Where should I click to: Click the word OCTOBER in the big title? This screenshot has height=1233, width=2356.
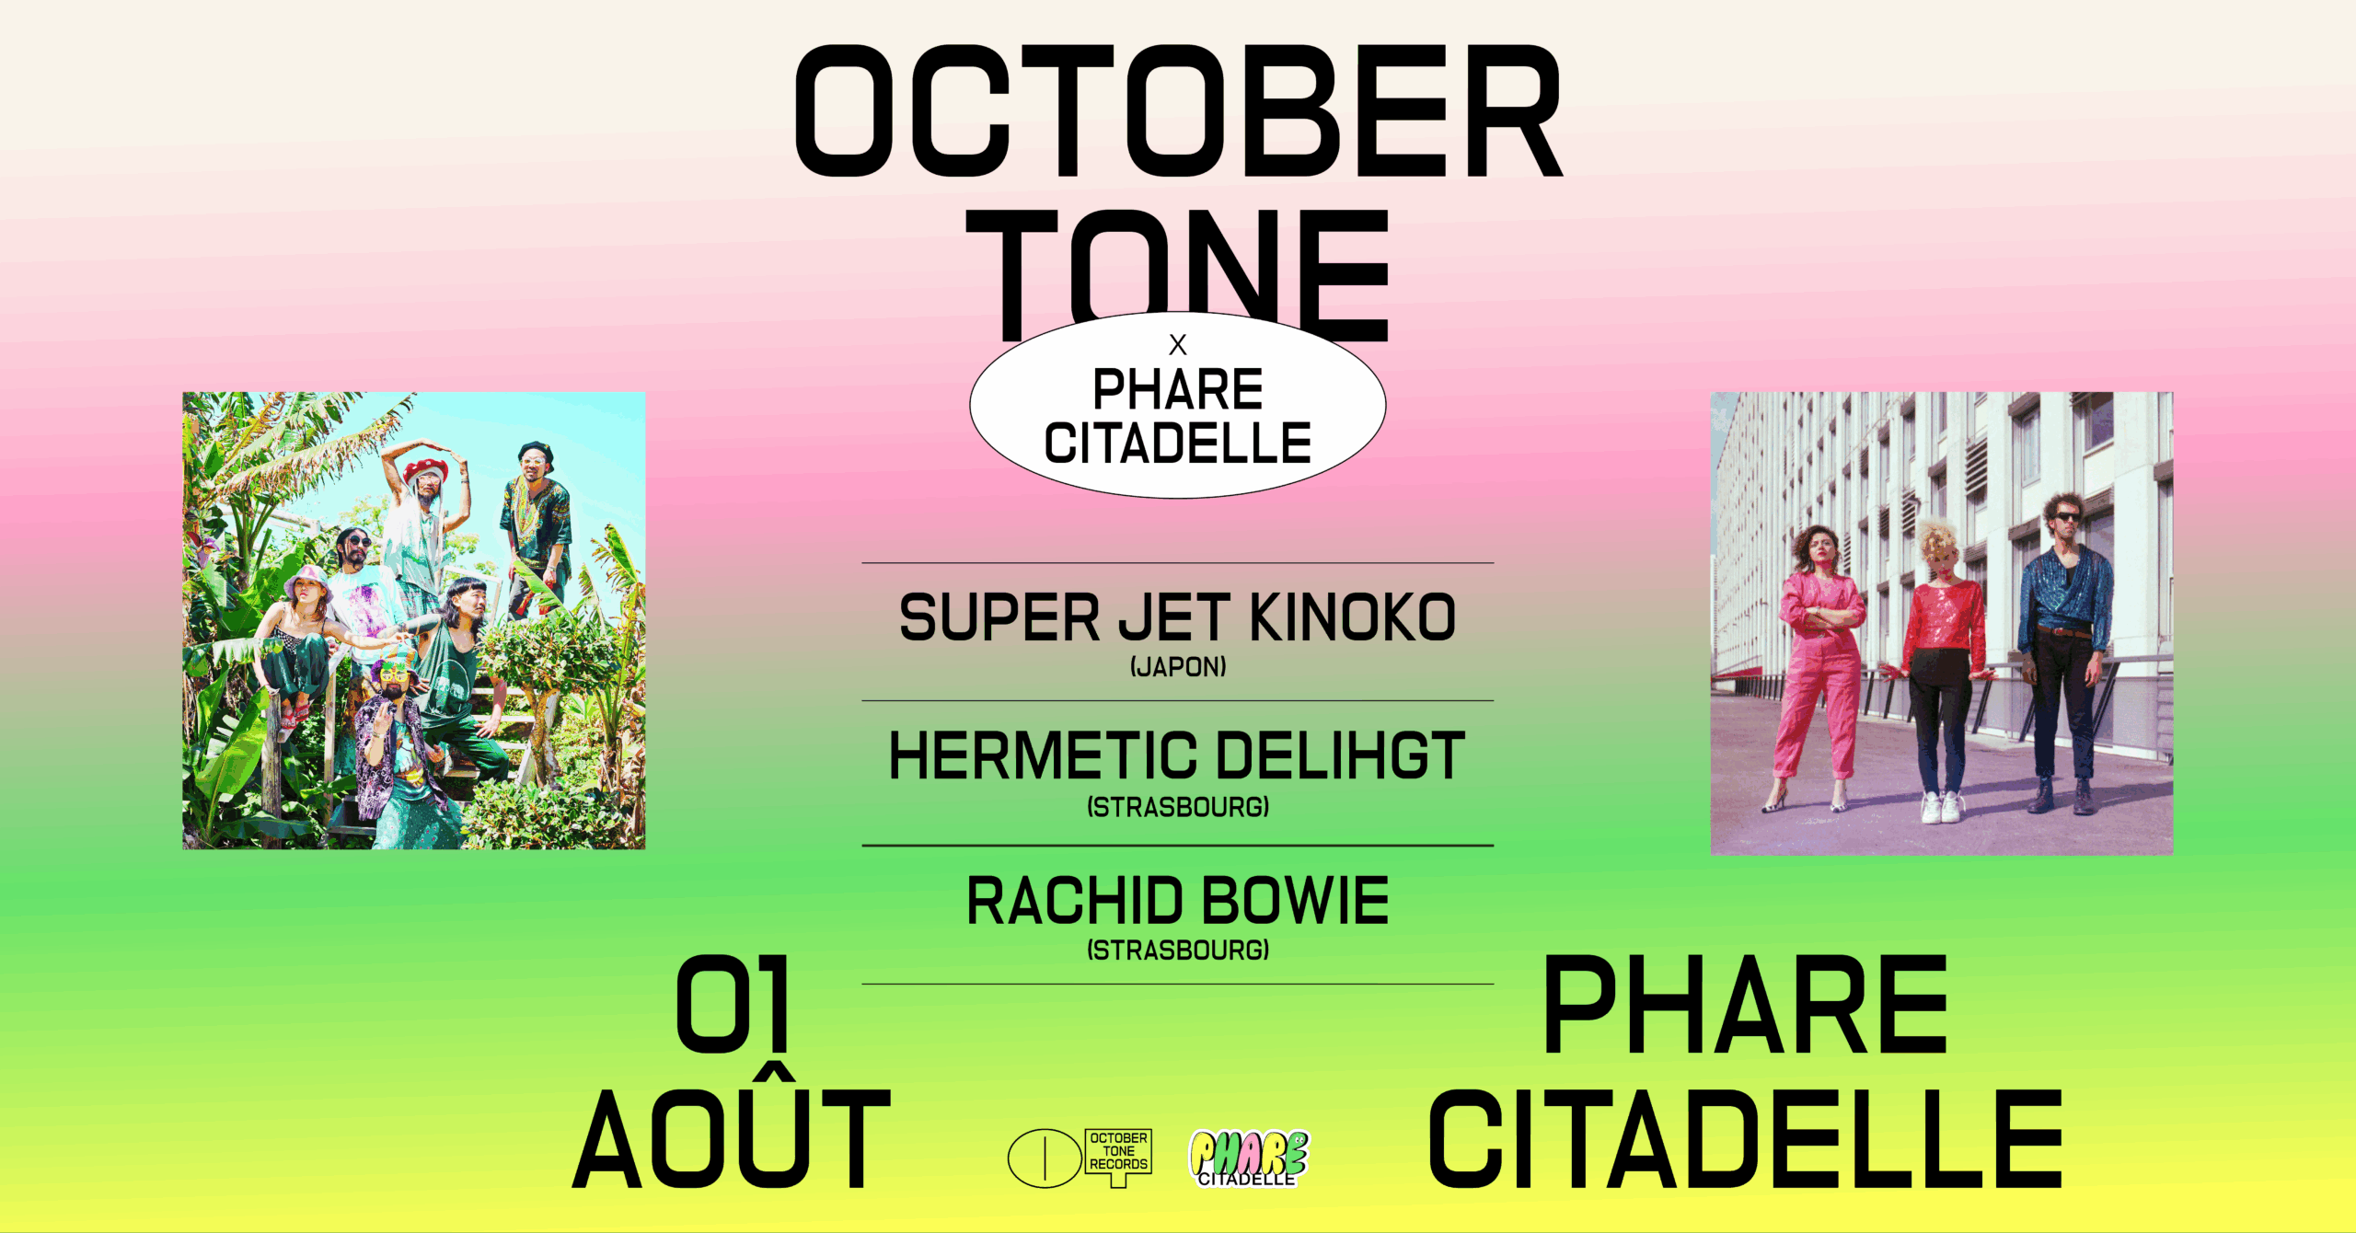(1178, 110)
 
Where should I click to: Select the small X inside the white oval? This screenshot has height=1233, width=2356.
(1178, 345)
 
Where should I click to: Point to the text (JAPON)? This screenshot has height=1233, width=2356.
(1178, 666)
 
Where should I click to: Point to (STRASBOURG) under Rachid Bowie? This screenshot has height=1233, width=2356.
(1178, 950)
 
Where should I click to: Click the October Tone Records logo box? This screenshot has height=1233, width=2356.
(1118, 1156)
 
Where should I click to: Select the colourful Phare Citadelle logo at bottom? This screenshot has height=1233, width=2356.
(1249, 1158)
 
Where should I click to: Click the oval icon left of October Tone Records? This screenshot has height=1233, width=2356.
(1045, 1158)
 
